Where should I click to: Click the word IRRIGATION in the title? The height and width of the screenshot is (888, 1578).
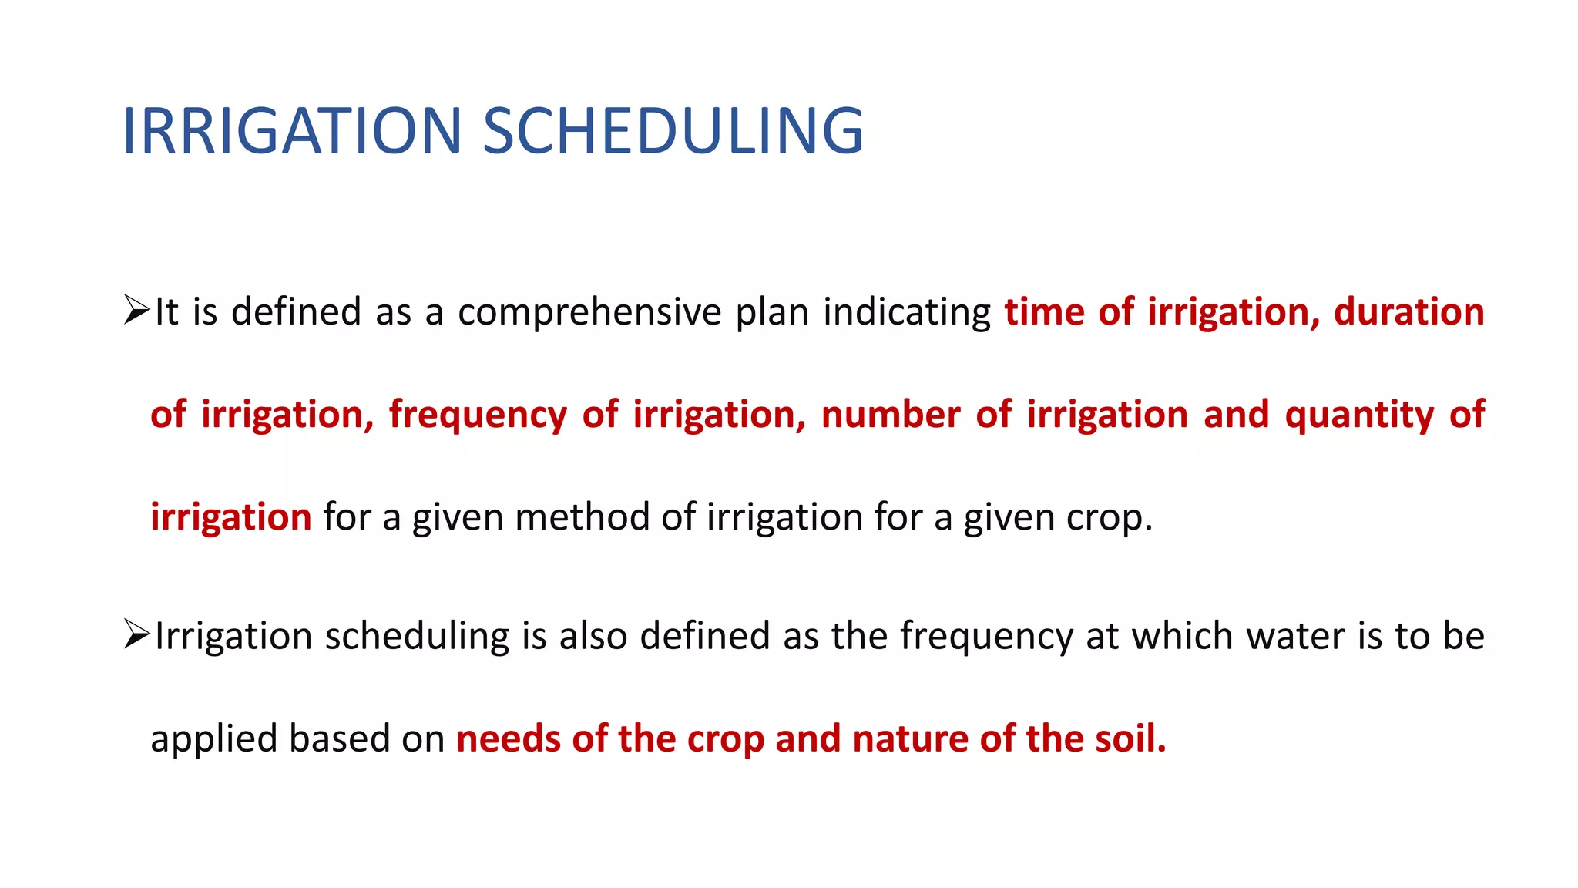(291, 131)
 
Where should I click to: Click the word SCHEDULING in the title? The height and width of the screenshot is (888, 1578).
(673, 131)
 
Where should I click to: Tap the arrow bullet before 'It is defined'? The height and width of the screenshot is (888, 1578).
(136, 311)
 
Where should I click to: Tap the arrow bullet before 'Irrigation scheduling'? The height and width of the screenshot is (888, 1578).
(136, 635)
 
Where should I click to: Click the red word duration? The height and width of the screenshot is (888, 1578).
(1408, 312)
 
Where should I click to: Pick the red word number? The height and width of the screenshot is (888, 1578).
(890, 415)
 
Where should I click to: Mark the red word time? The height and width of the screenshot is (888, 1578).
(1045, 312)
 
